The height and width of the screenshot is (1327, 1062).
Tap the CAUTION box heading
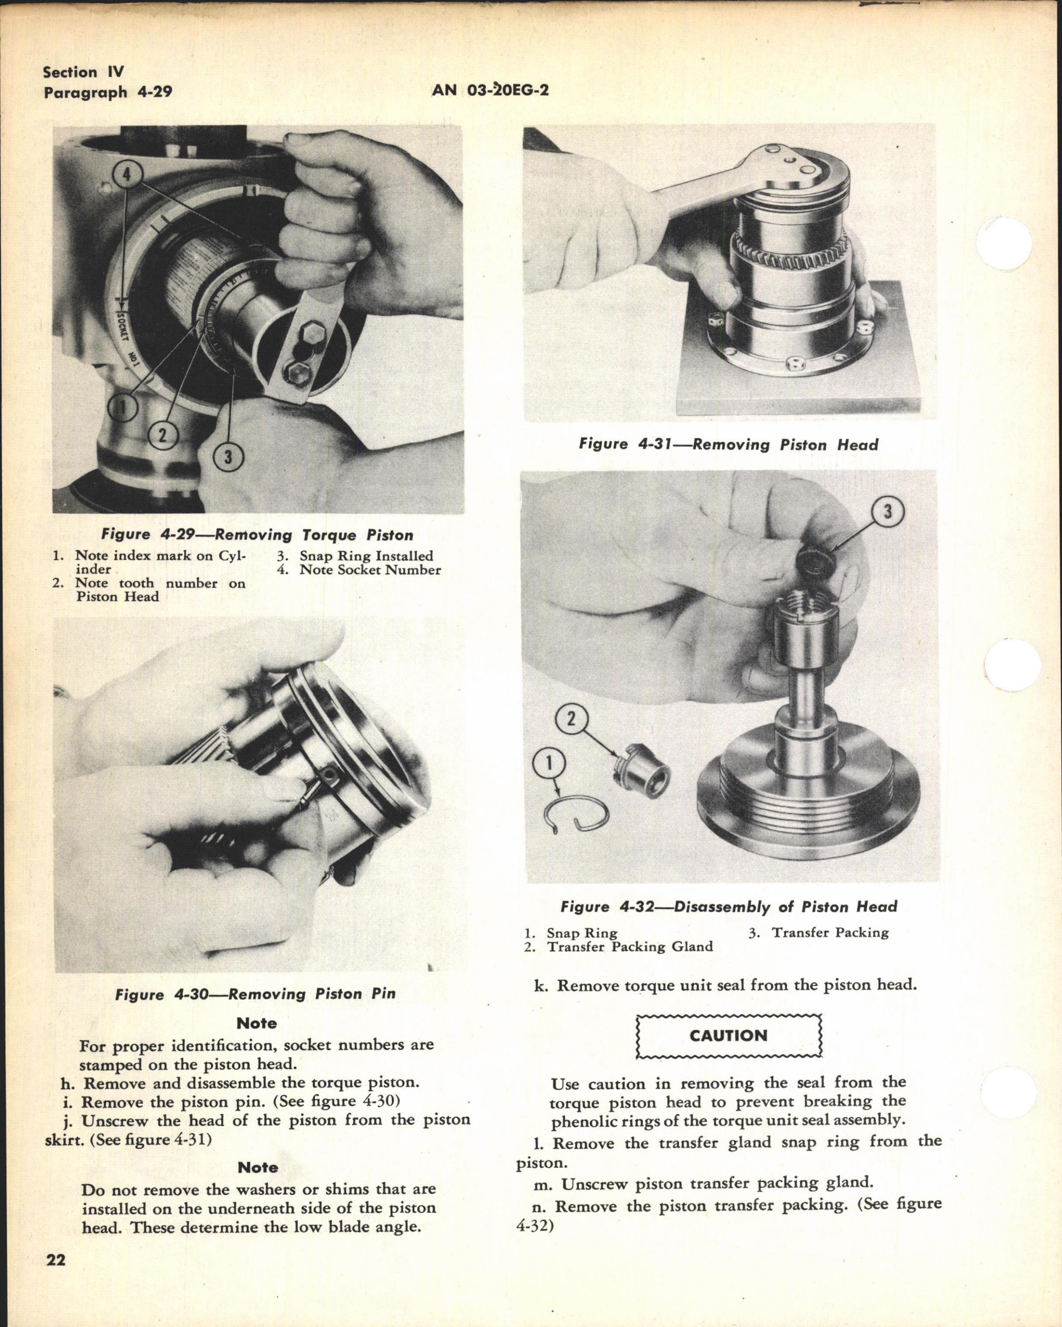[728, 1035]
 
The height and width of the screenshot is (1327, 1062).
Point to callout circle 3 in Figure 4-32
[887, 511]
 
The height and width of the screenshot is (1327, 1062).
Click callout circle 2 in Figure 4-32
[571, 718]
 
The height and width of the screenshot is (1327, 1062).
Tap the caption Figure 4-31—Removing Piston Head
[728, 445]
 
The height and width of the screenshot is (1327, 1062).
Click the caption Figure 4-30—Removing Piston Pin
[255, 994]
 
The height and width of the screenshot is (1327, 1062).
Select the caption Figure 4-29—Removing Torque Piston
[257, 535]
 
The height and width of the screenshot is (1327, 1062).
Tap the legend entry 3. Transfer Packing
[818, 932]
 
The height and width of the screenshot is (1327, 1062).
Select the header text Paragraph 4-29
[107, 92]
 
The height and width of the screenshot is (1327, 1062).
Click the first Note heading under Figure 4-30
[257, 1023]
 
